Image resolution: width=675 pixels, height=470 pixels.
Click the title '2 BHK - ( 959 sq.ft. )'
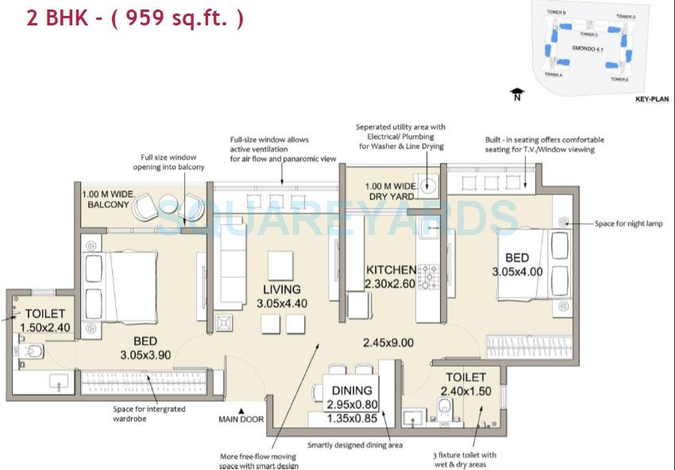[x=135, y=17]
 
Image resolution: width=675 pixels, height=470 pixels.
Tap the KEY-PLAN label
[x=652, y=99]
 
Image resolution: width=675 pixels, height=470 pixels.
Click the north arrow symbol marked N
[x=518, y=94]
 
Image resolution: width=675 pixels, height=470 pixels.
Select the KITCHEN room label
[x=390, y=270]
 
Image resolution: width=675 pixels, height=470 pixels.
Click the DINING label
[x=352, y=390]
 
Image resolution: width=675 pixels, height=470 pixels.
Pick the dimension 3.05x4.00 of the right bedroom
[x=517, y=272]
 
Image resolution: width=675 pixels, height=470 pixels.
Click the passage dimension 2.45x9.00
[x=388, y=343]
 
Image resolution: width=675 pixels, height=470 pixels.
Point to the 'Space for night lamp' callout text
[x=628, y=224]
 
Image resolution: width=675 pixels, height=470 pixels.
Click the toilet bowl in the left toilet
[x=34, y=350]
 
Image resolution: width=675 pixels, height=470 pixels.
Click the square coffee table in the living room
[x=279, y=263]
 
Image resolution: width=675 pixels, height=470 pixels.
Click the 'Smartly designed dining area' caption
[x=355, y=445]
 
